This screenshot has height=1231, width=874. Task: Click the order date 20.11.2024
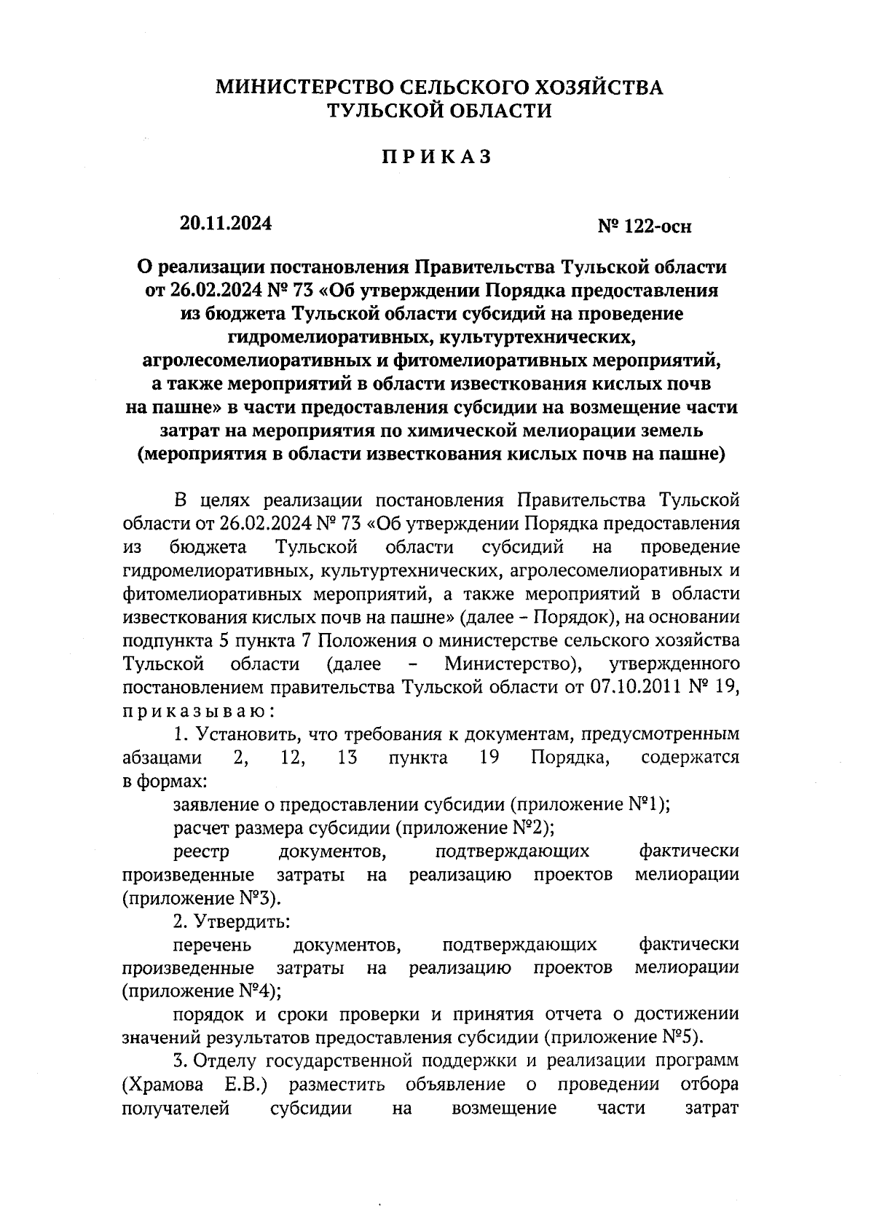point(226,224)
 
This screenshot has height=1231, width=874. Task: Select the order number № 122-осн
point(645,227)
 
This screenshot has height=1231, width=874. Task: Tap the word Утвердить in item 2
point(243,921)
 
